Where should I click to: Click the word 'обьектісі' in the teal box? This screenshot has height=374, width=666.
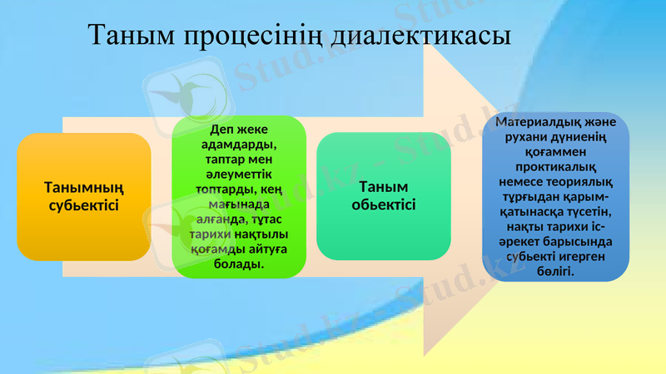coord(384,204)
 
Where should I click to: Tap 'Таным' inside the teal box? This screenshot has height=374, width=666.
coord(384,187)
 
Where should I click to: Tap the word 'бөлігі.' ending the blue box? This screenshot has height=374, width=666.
coord(555,272)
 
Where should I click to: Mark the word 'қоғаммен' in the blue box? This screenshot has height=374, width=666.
coord(555,152)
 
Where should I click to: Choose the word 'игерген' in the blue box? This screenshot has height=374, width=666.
coord(587,257)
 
